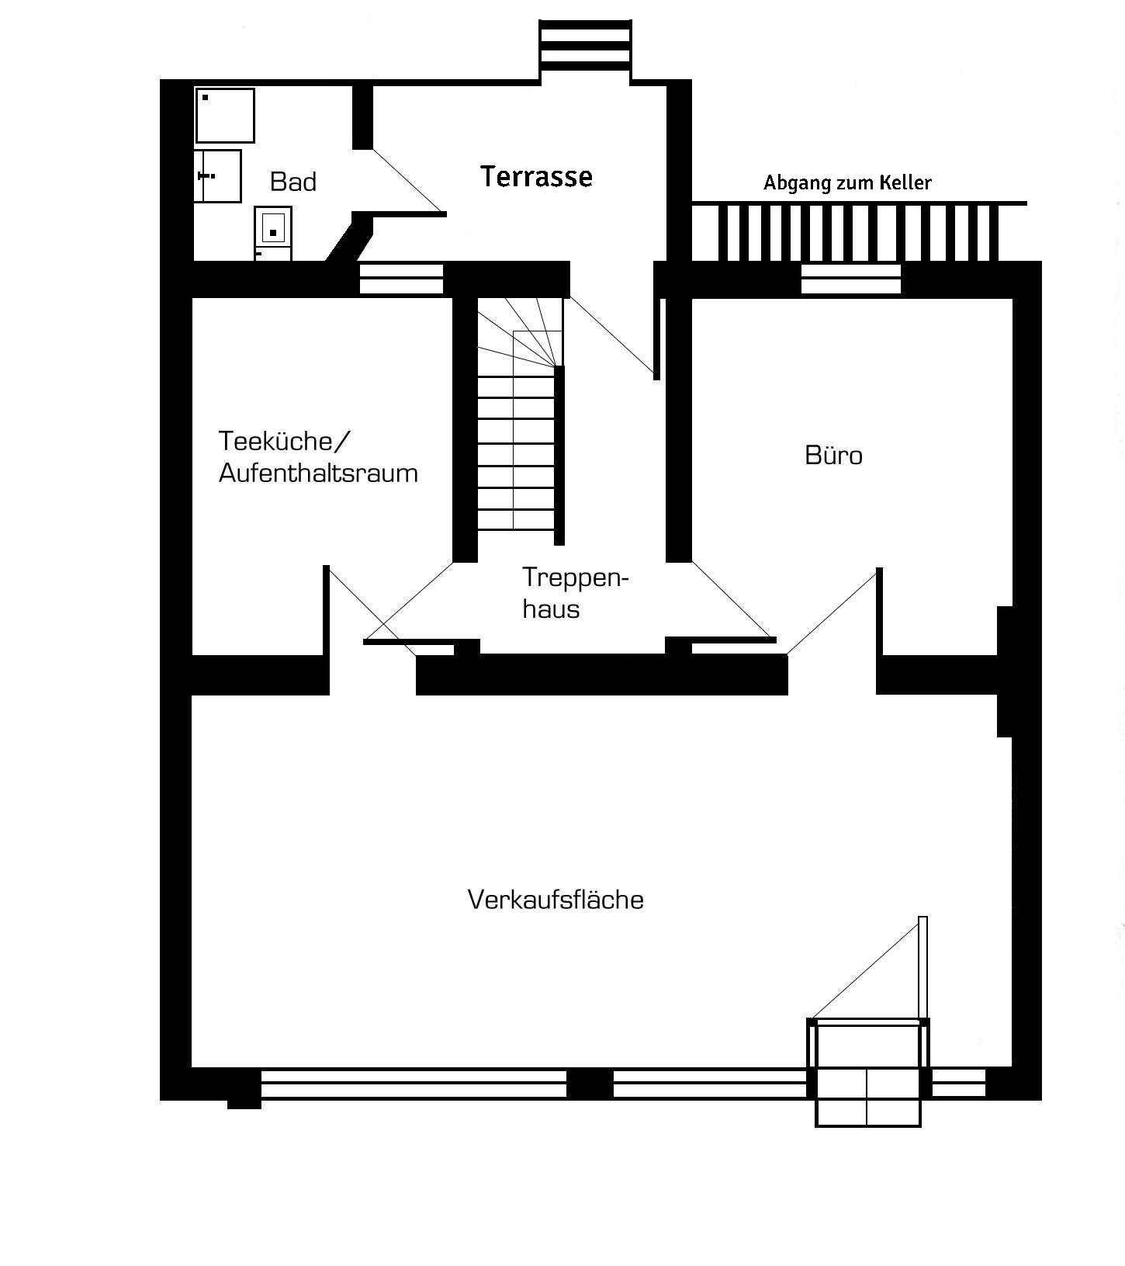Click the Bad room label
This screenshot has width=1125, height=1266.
(293, 182)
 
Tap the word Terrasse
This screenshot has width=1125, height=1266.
(536, 176)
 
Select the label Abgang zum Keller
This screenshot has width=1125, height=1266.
(847, 182)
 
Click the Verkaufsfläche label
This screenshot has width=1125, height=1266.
(556, 899)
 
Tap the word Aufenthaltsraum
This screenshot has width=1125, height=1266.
(318, 473)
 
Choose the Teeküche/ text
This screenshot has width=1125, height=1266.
(285, 441)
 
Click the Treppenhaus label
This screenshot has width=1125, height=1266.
(575, 592)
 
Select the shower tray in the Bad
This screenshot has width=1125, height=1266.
(225, 116)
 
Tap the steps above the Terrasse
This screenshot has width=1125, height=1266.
(585, 47)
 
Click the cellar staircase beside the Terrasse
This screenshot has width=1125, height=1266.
(859, 231)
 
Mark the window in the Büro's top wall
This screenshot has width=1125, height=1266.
(851, 279)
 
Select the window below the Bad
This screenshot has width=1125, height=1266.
(402, 279)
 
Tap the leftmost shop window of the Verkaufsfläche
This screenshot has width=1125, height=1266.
(414, 1083)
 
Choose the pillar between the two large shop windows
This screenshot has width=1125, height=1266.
(590, 1084)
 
